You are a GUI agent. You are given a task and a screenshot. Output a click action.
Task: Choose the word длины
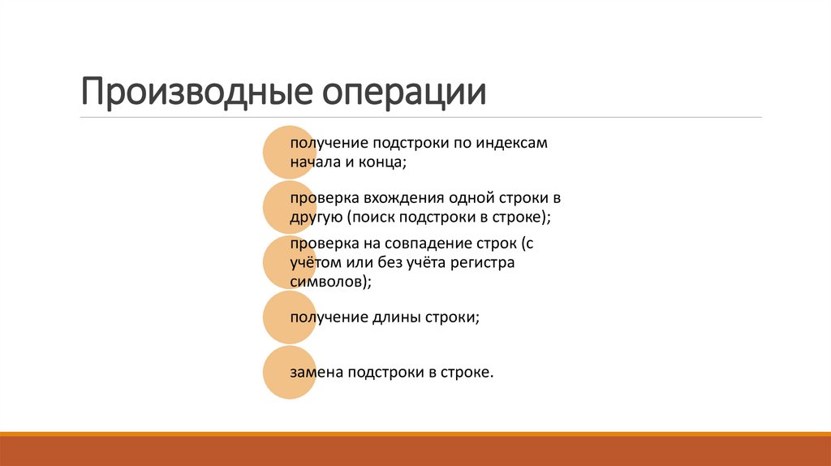pyautogui.click(x=393, y=317)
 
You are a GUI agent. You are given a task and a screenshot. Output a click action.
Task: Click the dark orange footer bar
pyautogui.click(x=415, y=451)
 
